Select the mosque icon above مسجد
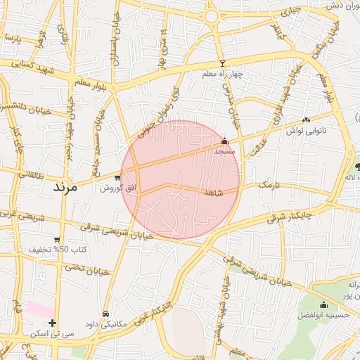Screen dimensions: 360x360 coord(225,141)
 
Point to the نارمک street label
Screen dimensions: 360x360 coord(255,184)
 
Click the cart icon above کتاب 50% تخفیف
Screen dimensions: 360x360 coord(57,240)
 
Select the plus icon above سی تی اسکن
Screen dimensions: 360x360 coord(52,323)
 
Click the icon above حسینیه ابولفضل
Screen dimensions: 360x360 coord(323,305)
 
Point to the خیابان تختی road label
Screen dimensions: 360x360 coord(89,268)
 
